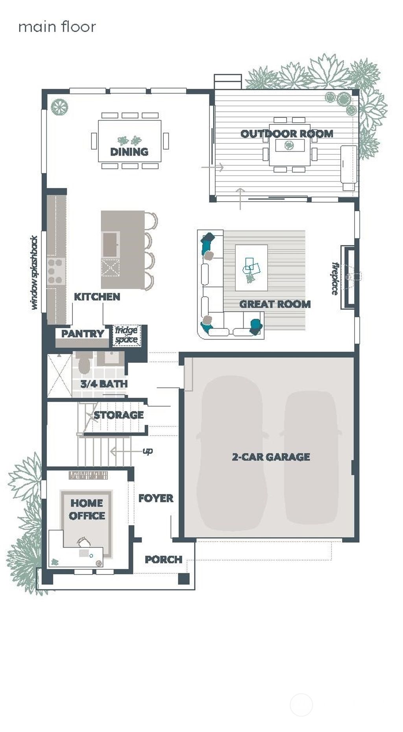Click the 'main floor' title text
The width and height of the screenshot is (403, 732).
click(x=57, y=27)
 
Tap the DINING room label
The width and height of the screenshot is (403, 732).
click(x=129, y=152)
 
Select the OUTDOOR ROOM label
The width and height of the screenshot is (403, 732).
click(x=287, y=134)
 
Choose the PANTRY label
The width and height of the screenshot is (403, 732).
click(x=83, y=334)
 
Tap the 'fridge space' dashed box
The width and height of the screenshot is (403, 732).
click(x=126, y=335)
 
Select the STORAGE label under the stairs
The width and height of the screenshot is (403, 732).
click(x=118, y=415)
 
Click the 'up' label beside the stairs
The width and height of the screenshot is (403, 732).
click(x=148, y=451)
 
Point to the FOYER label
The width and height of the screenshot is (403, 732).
click(x=156, y=498)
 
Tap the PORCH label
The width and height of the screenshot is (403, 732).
click(x=163, y=559)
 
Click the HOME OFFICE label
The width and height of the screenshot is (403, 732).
click(x=87, y=509)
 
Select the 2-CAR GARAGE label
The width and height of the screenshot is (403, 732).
click(x=271, y=457)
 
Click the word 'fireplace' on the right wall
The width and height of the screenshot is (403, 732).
click(x=335, y=279)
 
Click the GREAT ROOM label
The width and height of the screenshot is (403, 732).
click(x=275, y=304)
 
